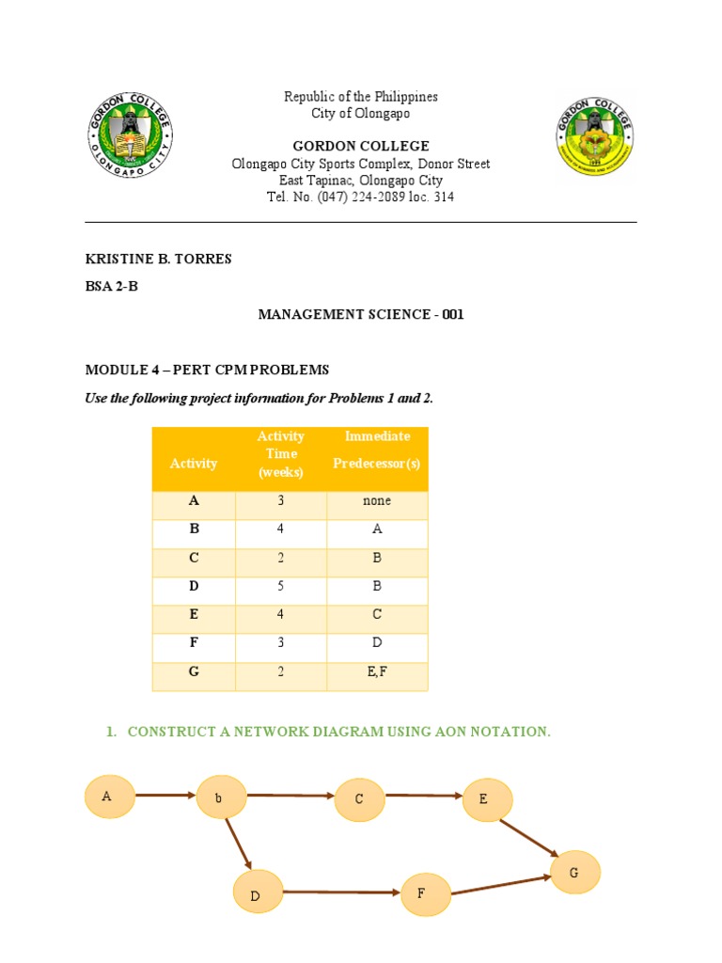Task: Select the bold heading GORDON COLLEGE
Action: (x=361, y=146)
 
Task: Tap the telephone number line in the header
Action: (x=361, y=197)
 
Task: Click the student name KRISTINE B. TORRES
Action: (x=158, y=259)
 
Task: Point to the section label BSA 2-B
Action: (x=112, y=287)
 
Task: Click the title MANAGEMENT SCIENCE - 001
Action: (x=361, y=315)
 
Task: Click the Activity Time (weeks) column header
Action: (x=281, y=454)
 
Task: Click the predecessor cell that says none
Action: (x=377, y=501)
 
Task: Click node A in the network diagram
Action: (x=108, y=797)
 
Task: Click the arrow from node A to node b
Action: (x=165, y=796)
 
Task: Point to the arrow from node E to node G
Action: (x=527, y=837)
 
